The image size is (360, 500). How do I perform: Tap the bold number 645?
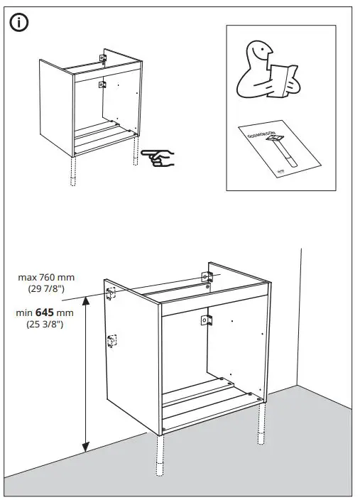(x=47, y=312)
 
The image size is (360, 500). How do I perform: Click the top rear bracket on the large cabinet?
(x=208, y=276)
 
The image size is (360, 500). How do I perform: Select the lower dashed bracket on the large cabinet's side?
(x=111, y=341)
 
